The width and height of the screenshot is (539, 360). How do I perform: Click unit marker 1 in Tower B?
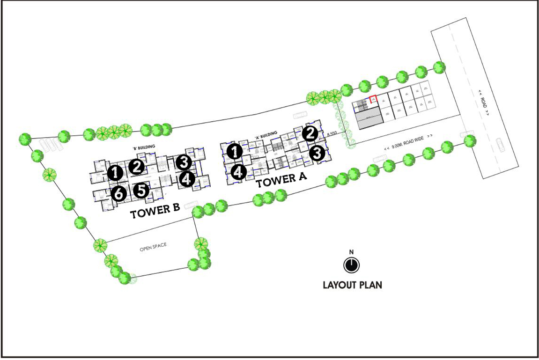point(115,173)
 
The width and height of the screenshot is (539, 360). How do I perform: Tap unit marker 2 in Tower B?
point(136,166)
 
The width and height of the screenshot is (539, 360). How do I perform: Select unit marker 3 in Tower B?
point(184,162)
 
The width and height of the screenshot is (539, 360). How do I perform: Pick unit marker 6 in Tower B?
point(118,192)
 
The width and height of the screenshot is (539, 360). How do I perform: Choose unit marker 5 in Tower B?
point(140,190)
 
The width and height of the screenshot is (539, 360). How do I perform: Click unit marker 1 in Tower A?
point(234,151)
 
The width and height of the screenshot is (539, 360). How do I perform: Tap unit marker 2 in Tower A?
point(310,133)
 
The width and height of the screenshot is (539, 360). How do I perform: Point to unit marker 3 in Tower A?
point(317,153)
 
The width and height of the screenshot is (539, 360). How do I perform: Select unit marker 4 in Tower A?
point(238,172)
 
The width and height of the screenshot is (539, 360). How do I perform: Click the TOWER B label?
point(155,212)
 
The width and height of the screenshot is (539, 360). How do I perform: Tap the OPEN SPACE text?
point(153,247)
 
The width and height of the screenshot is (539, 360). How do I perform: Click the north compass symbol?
point(351,265)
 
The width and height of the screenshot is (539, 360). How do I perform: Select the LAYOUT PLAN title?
point(352,285)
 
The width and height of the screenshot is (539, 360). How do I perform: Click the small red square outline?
point(373,99)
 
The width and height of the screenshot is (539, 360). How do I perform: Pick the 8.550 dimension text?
point(332,134)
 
